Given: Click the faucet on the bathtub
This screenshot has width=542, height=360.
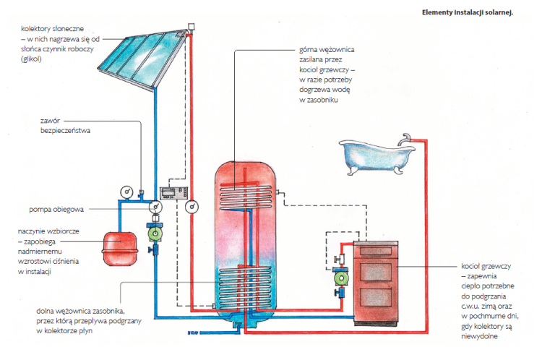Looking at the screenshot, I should click(x=407, y=136).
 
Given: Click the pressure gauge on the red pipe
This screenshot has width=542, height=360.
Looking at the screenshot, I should click(x=192, y=207).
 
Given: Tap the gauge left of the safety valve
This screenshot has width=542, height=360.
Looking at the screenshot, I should click(x=127, y=192).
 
